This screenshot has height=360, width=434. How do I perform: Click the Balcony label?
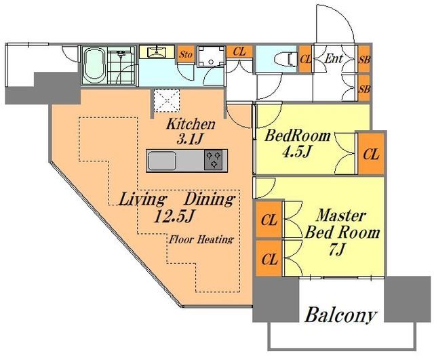(341, 315)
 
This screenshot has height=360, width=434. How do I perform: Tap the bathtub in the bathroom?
(94, 65)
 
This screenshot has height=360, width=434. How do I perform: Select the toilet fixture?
(284, 59)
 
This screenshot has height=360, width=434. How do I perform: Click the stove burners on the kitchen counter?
(214, 159)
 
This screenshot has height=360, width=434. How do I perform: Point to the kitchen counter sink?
(162, 161)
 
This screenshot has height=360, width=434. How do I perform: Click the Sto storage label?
(185, 54)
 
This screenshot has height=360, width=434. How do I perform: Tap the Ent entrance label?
(333, 59)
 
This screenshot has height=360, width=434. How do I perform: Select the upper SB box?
(364, 58)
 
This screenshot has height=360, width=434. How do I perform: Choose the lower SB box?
(364, 88)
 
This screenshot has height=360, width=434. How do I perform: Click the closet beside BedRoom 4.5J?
(371, 154)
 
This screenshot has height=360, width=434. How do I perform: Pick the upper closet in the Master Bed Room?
(269, 220)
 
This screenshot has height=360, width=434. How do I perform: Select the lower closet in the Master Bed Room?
(269, 258)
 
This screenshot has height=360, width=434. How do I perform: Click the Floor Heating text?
(201, 239)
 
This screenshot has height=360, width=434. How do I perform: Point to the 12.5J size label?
(174, 216)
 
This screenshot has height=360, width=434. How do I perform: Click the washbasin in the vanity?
(157, 52)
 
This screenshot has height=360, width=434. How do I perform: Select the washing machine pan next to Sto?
(211, 56)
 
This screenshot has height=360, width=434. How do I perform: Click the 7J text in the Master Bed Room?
(336, 250)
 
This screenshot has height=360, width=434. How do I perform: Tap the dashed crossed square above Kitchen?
(167, 100)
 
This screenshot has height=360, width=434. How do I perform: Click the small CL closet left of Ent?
(305, 59)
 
